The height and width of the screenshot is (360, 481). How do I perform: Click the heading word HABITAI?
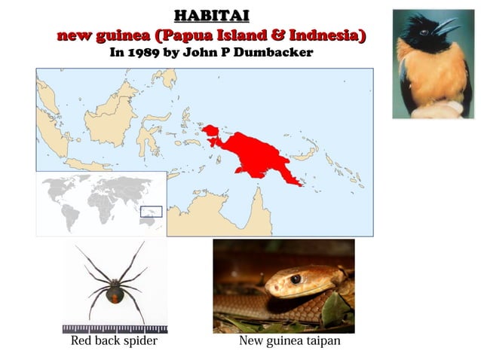coord(210,16)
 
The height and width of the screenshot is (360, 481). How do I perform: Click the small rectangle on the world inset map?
coord(152,212)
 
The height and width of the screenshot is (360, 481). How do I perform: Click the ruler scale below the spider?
coord(115,328)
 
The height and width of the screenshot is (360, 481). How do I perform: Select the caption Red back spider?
coord(114,341)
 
